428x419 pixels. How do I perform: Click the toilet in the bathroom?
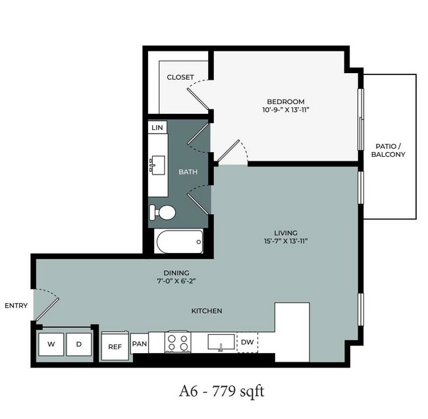[x=163, y=212]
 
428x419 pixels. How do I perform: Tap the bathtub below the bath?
[x=180, y=242]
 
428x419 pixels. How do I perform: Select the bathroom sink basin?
[x=157, y=165]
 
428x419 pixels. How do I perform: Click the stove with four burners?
[x=178, y=342]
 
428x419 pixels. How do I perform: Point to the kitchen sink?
[x=221, y=342]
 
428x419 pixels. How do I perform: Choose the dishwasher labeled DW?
[x=248, y=342]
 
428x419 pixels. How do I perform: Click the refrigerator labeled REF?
[x=115, y=347]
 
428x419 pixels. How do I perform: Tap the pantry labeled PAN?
[x=140, y=343]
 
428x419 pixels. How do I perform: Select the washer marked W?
[x=51, y=344]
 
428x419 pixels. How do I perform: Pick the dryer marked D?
[x=79, y=344]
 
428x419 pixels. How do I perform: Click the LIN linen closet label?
[x=157, y=128]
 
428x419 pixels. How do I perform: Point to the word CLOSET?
[x=180, y=77]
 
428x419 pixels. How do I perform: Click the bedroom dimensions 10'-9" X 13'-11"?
[x=286, y=110]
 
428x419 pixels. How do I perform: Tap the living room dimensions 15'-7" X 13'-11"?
[x=286, y=241]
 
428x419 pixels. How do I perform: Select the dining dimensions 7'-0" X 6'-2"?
[x=176, y=281]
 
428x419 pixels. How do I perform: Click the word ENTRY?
[x=16, y=306]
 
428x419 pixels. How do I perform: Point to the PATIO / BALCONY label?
[x=388, y=150]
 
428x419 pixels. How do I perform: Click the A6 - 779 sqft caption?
[x=222, y=391]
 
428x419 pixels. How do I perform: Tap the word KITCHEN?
[x=207, y=311]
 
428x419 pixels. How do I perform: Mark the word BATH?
[x=188, y=172]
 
